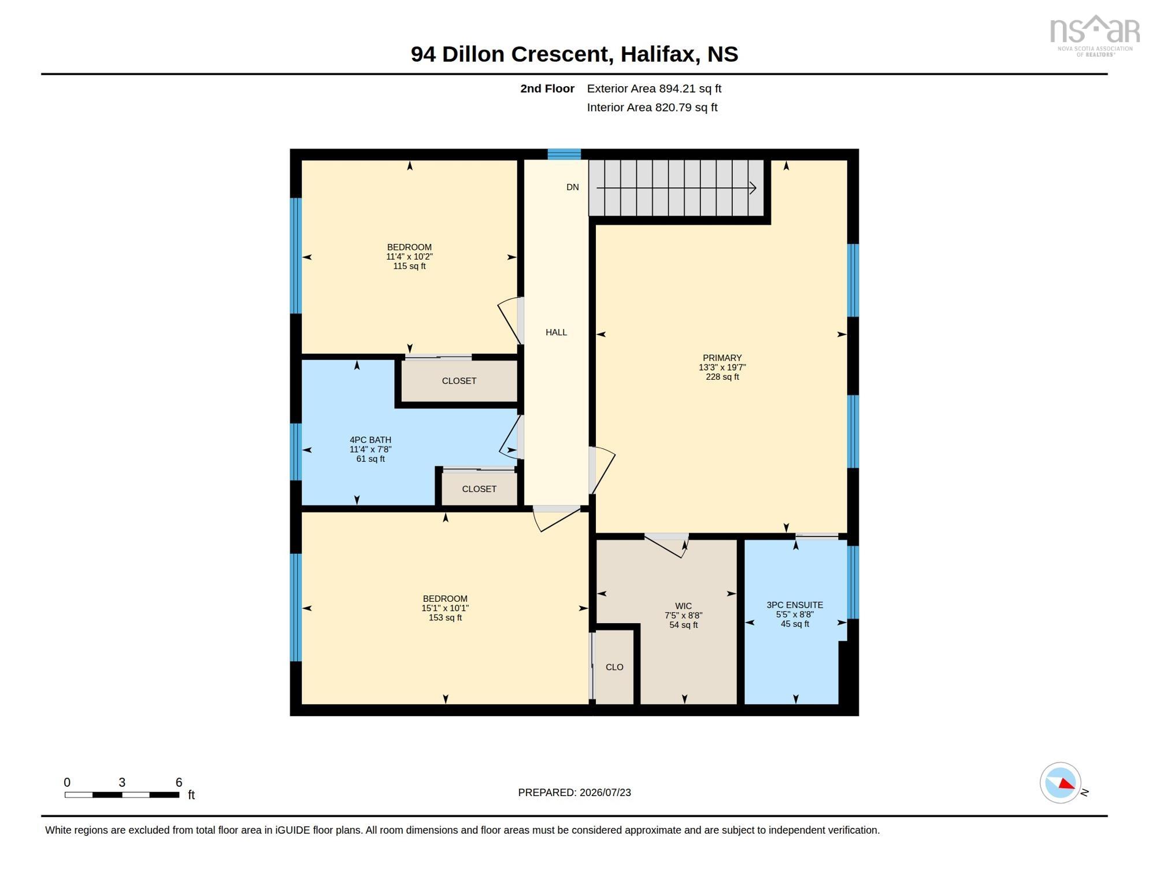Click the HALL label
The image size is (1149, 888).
coord(556,332)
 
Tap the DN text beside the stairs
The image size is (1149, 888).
coord(572,187)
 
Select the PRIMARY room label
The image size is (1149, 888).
coord(722,358)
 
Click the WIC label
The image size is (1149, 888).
coord(683,606)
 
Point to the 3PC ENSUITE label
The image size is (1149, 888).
coord(795,605)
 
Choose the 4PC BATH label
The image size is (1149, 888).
coord(370,440)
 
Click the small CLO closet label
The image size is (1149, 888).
coord(614,667)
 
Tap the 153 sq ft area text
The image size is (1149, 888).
coord(445,617)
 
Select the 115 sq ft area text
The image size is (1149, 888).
coord(409,266)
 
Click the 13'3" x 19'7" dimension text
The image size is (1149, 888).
coord(722,367)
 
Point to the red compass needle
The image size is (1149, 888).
coord(1067,783)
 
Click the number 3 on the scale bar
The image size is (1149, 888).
coord(122,782)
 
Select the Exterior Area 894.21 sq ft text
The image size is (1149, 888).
coord(654,88)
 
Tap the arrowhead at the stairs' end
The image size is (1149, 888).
coord(753,188)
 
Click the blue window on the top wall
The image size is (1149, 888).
coord(564,154)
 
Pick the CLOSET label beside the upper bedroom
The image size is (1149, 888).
coord(459,381)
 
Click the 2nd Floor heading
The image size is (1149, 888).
coord(547,88)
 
